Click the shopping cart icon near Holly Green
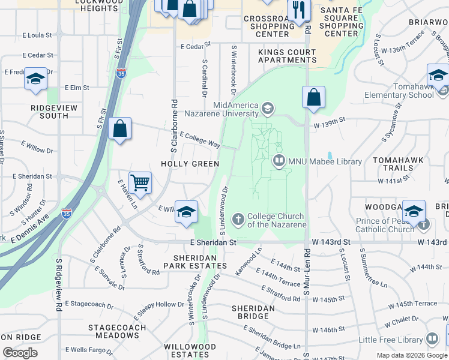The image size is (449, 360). (x=140, y=182)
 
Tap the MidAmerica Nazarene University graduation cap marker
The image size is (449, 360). (x=267, y=109)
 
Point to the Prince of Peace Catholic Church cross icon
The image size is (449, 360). (x=424, y=224)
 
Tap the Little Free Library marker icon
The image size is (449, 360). (x=432, y=340)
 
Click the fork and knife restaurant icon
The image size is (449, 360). (x=297, y=9)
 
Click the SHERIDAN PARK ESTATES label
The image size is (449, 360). (x=196, y=260)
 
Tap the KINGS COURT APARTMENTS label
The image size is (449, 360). (x=287, y=56)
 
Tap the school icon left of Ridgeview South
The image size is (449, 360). (x=35, y=79)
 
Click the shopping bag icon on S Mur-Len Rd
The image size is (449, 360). (x=313, y=98)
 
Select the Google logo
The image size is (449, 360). (x=20, y=353)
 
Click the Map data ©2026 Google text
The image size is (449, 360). (x=411, y=355)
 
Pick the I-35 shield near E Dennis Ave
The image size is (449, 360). (x=67, y=214)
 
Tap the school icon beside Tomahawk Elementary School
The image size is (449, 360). (x=438, y=76)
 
